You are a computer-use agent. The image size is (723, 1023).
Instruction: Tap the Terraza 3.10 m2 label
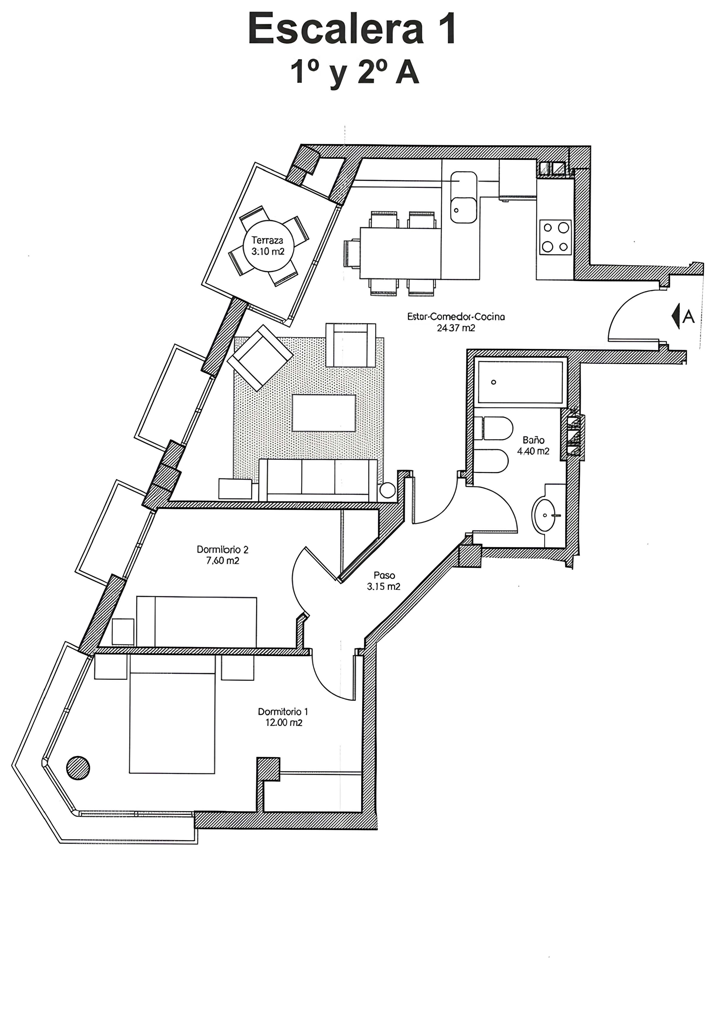click(x=267, y=246)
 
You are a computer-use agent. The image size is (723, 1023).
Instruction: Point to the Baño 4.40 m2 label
click(x=533, y=446)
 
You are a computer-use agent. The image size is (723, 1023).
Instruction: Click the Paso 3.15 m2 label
click(x=384, y=581)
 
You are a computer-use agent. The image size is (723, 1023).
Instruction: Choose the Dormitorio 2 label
click(x=223, y=550)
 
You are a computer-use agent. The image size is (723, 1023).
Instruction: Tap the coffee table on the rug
click(x=324, y=413)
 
